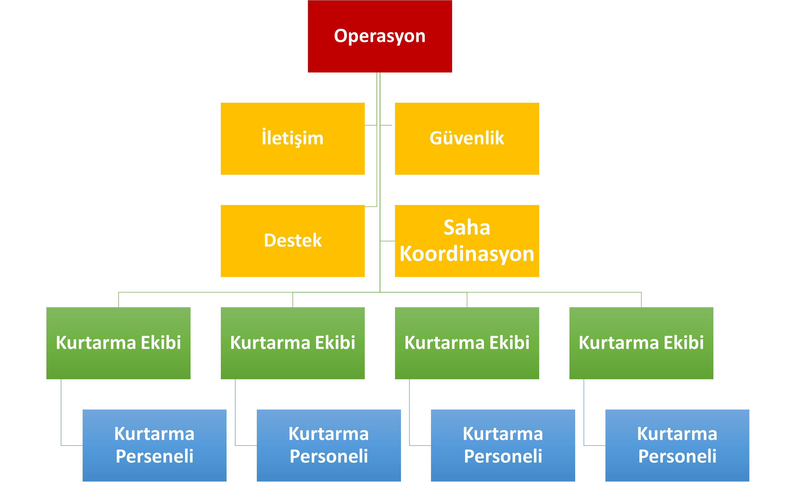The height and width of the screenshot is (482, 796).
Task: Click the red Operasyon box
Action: pyautogui.click(x=380, y=36)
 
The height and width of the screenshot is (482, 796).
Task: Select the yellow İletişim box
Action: pyautogui.click(x=293, y=138)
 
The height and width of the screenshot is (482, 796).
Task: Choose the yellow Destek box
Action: pyautogui.click(x=293, y=241)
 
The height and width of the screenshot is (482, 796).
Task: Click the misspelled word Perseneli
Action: pyautogui.click(x=154, y=456)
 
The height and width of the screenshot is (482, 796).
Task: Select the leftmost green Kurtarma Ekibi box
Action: pyautogui.click(x=118, y=343)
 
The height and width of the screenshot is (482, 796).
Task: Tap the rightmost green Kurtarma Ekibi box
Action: pyautogui.click(x=641, y=343)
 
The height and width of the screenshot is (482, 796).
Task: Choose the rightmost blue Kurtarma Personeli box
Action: pyautogui.click(x=677, y=446)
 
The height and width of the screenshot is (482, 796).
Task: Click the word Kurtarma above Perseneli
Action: pyautogui.click(x=154, y=434)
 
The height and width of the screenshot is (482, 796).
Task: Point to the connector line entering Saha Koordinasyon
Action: pyautogui.click(x=387, y=241)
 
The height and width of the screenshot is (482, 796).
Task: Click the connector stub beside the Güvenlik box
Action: pyautogui.click(x=386, y=125)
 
